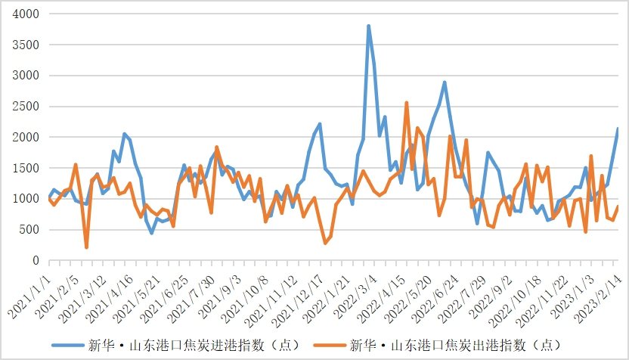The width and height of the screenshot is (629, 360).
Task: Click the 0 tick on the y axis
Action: (x=36, y=261)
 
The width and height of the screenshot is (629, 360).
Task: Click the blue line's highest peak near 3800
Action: (x=368, y=26)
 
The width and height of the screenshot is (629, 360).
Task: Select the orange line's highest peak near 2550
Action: (x=407, y=102)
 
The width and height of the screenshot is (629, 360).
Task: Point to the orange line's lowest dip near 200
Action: (x=86, y=247)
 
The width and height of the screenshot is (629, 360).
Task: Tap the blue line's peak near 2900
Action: (x=445, y=82)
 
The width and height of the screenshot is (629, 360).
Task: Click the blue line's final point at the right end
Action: (x=618, y=129)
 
